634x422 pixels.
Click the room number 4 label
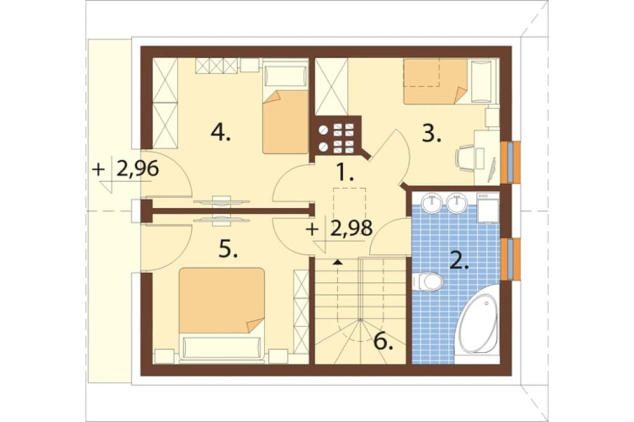click(221, 133)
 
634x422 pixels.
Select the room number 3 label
click(431, 134)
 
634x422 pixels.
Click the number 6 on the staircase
click(384, 342)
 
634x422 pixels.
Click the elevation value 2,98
click(351, 229)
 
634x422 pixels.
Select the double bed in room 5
click(221, 312)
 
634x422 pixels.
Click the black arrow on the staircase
click(337, 262)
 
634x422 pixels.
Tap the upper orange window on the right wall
click(510, 162)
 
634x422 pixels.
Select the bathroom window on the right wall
click(510, 259)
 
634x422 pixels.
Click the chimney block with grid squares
click(335, 136)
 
